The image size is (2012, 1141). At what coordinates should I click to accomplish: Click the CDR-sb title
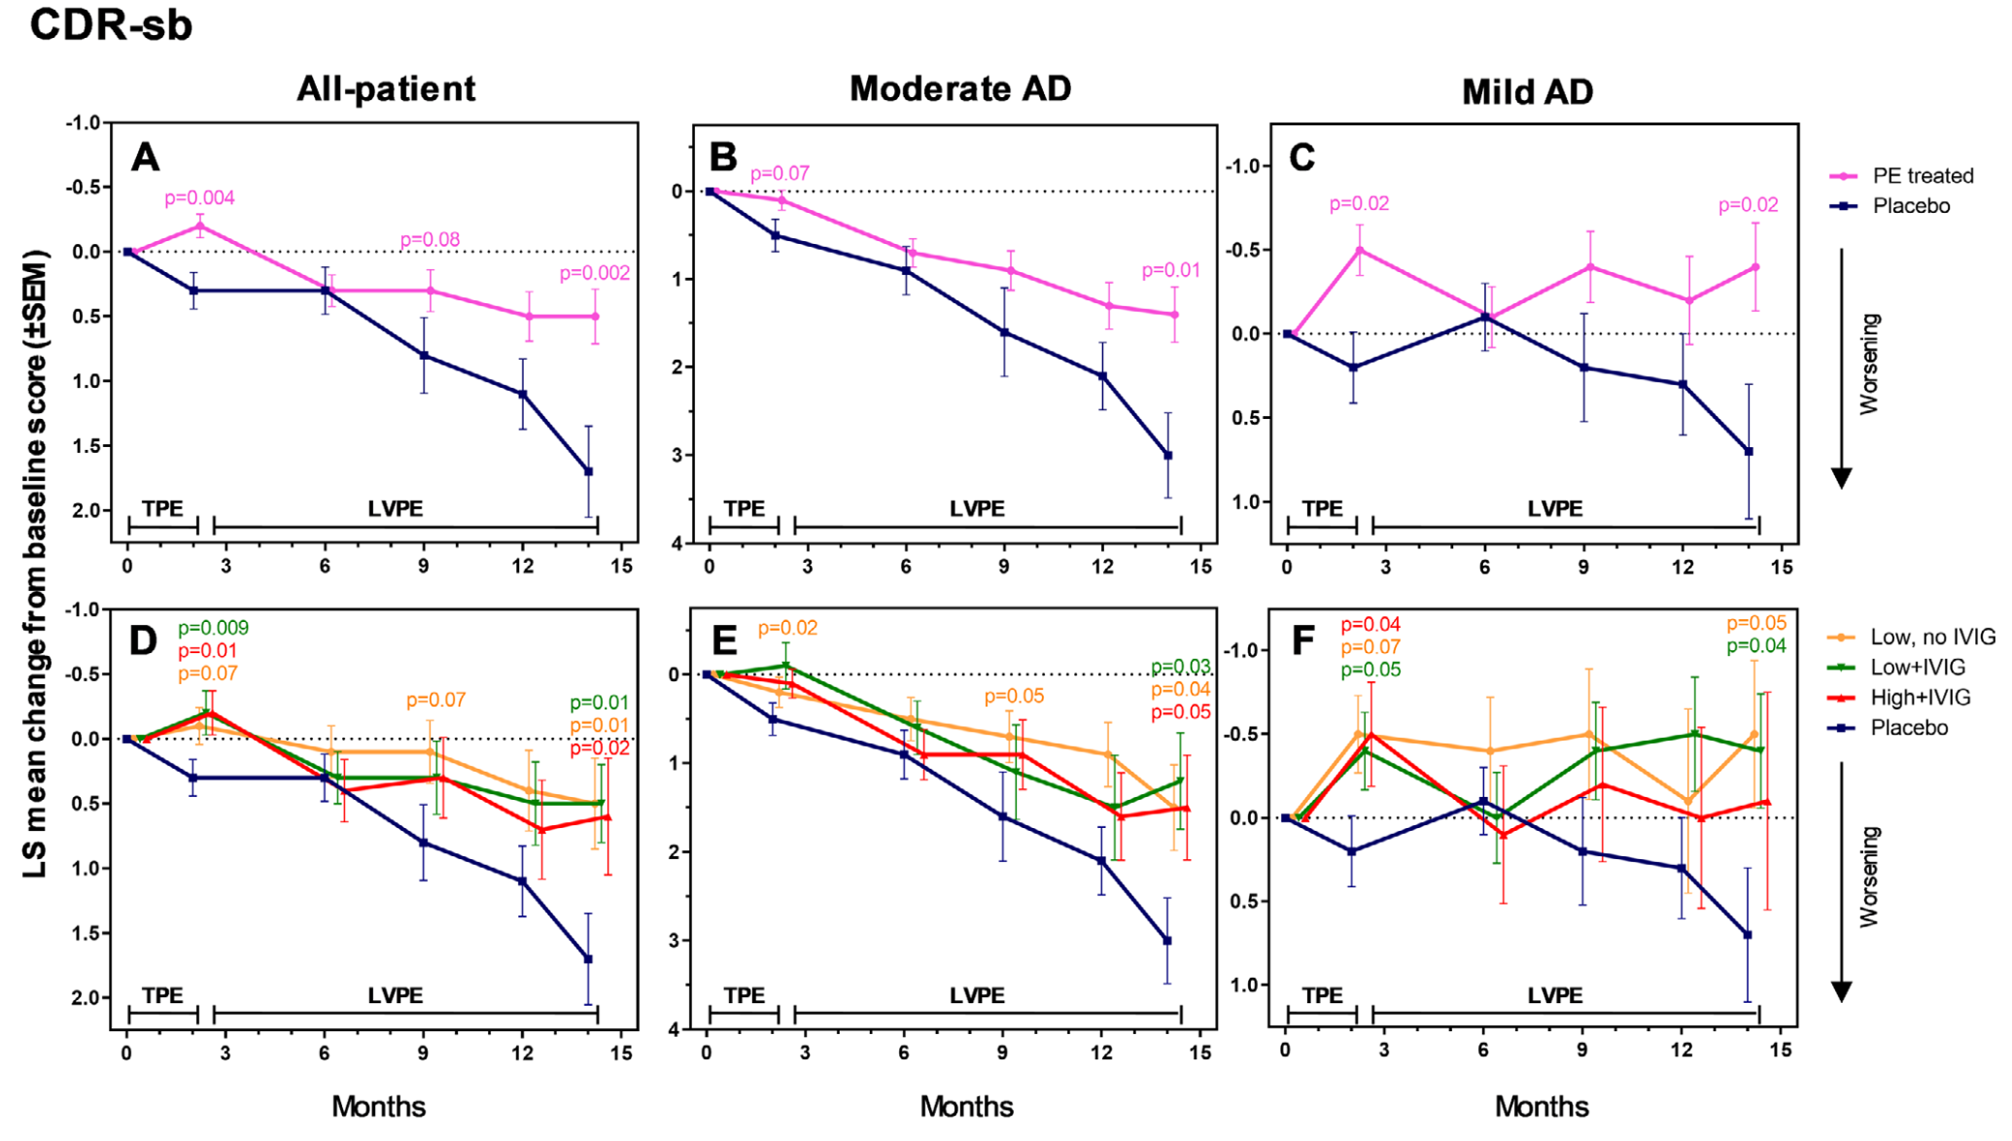(111, 23)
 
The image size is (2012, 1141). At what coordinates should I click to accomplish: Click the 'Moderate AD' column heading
(960, 88)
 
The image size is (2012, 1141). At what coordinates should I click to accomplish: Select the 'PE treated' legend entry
(1922, 176)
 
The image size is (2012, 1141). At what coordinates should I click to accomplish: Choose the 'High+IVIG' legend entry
(1920, 697)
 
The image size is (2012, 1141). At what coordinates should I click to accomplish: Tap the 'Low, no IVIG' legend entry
(1931, 637)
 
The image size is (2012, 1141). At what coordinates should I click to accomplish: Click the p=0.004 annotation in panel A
(199, 198)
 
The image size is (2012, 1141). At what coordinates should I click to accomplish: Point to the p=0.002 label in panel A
(594, 273)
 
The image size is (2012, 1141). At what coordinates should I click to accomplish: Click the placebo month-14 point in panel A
(588, 471)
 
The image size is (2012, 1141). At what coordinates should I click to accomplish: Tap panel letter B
(723, 157)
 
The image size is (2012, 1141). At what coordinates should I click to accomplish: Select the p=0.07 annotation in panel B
(780, 173)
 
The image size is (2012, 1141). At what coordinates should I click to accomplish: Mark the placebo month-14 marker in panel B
(1167, 455)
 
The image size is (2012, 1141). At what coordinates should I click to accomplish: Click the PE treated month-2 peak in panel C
(1359, 251)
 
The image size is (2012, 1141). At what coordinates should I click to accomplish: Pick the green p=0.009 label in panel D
(213, 628)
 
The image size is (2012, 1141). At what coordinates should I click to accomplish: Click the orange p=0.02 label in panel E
(787, 628)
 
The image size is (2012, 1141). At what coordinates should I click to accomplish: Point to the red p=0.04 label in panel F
(1370, 625)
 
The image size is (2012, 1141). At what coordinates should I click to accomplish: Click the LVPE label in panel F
(1554, 995)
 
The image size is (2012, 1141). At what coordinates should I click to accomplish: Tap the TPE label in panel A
(162, 508)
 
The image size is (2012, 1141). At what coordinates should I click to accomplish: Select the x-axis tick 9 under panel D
(423, 1053)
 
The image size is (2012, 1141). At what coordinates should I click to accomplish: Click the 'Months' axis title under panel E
(966, 1106)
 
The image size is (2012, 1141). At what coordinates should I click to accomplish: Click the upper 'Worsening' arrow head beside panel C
(1841, 478)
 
